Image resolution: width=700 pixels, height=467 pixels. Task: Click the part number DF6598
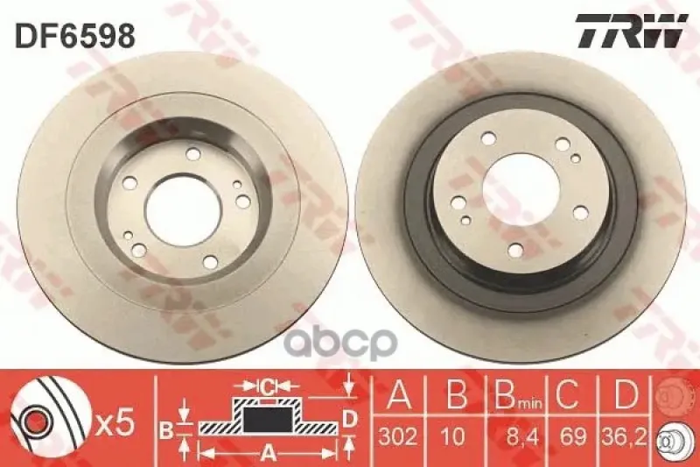tap(75, 36)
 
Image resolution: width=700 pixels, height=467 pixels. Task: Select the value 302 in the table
tap(398, 435)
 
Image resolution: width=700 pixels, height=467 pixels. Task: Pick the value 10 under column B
tap(455, 435)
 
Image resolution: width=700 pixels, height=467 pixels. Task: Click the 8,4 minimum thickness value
tap(521, 435)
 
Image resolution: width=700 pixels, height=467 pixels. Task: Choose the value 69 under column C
tap(573, 435)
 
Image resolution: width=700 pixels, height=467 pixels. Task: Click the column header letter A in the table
tap(399, 394)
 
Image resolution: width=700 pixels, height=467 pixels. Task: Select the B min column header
tap(518, 395)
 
